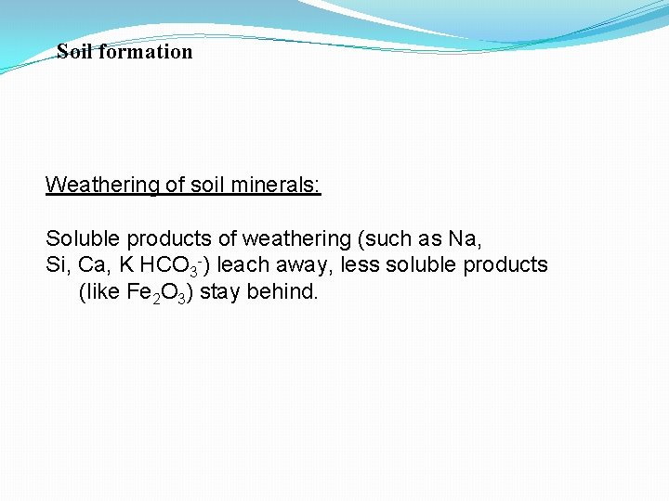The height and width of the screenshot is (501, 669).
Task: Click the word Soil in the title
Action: click(x=75, y=52)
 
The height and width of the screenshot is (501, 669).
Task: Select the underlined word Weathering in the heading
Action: click(x=102, y=185)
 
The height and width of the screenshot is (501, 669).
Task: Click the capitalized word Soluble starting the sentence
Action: click(x=82, y=238)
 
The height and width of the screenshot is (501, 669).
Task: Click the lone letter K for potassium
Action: click(x=126, y=265)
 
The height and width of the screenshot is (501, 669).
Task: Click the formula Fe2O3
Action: click(x=160, y=293)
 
